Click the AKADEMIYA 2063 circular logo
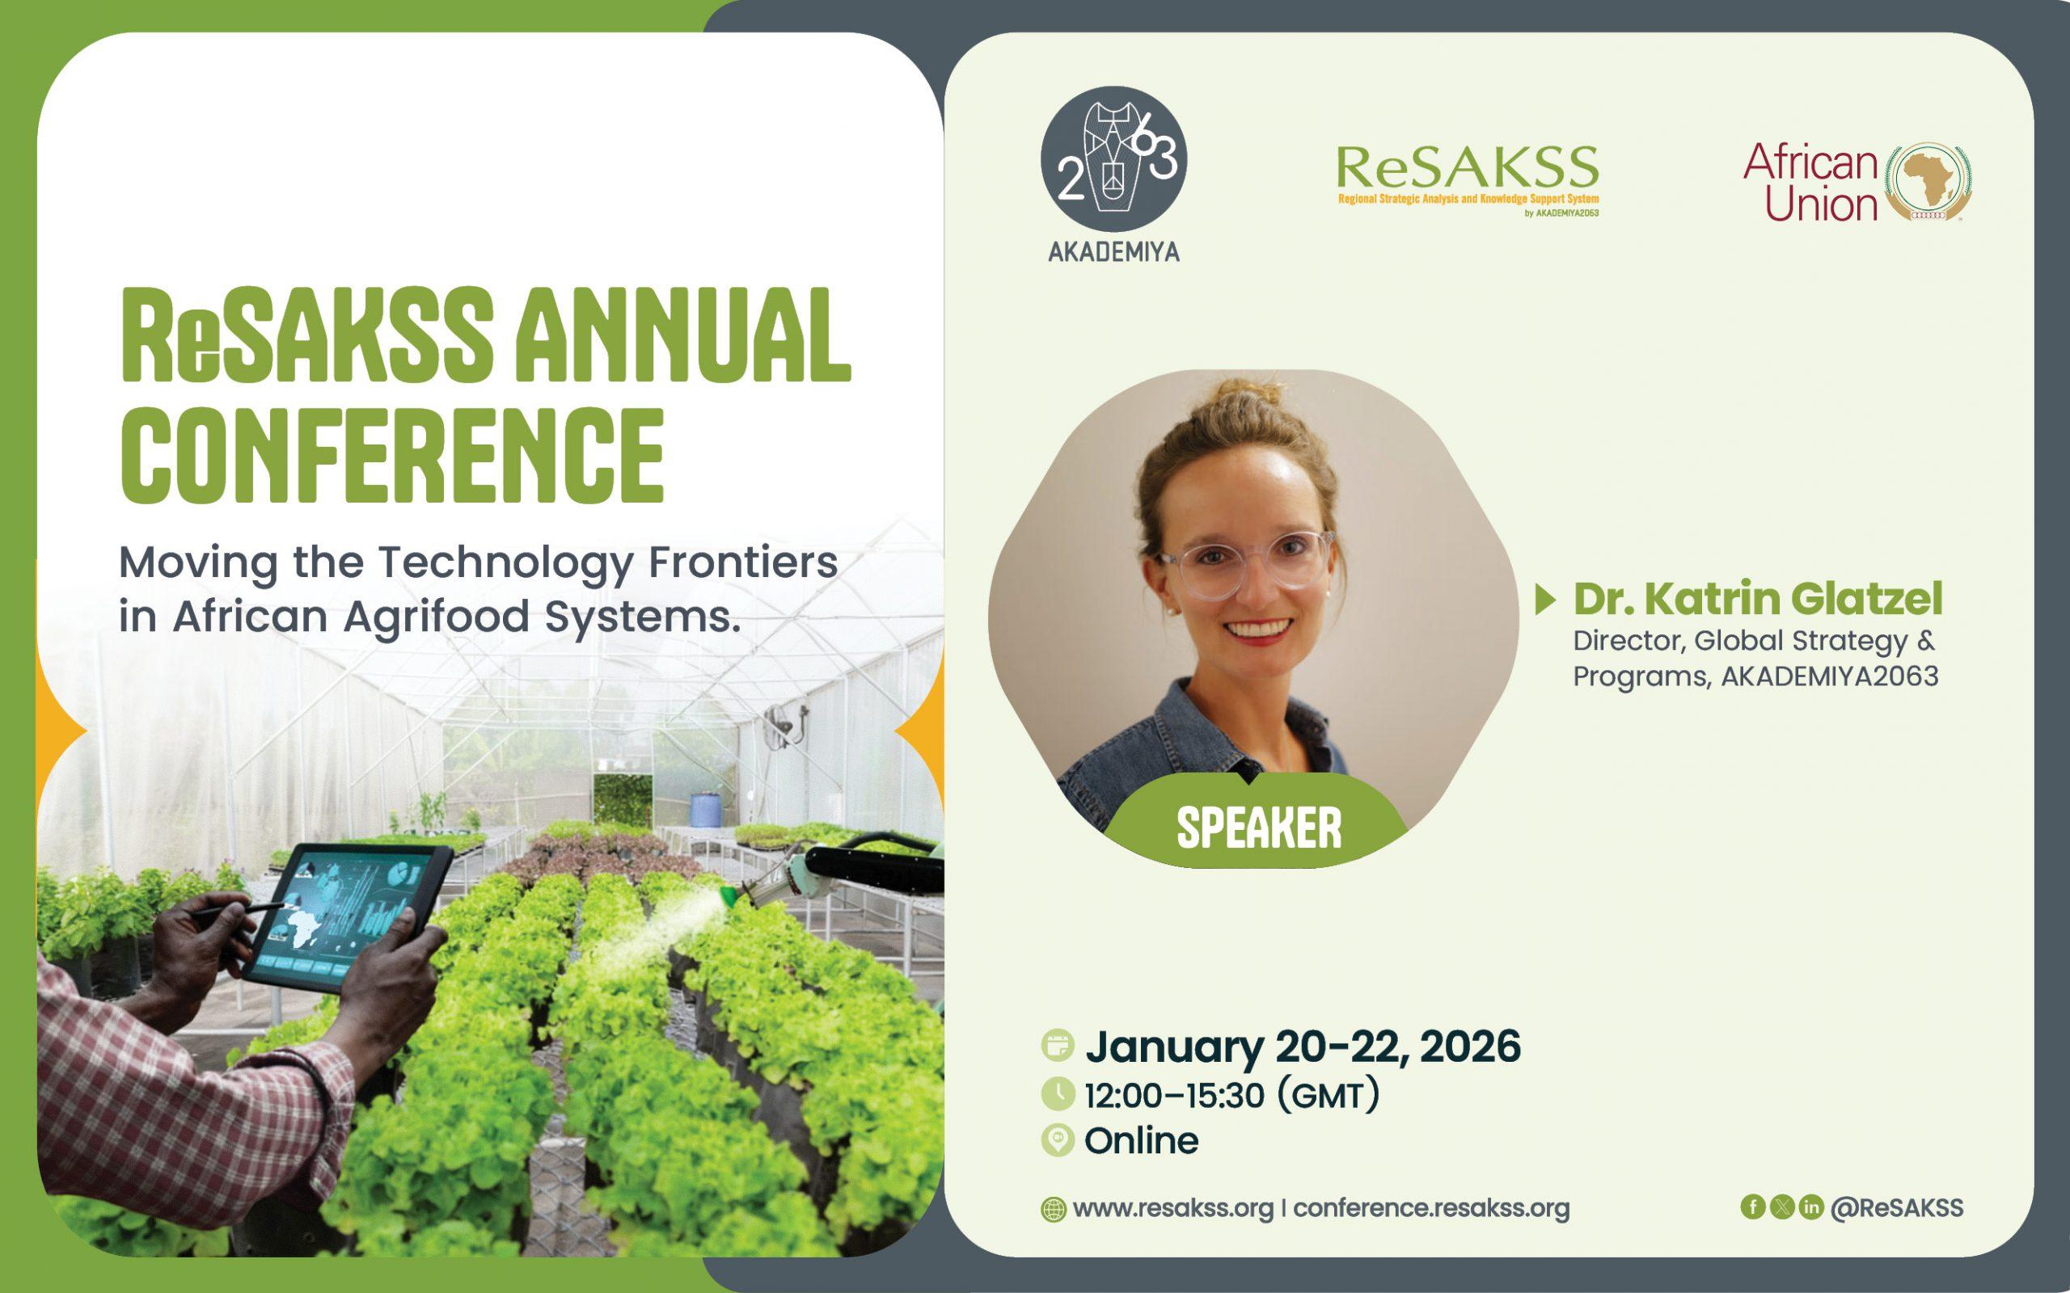tap(1113, 159)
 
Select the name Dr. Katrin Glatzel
tap(1758, 599)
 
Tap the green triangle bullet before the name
tap(1544, 600)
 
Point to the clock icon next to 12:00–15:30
tap(1058, 1094)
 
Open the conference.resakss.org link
tap(1431, 1208)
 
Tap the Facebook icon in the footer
tap(1753, 1207)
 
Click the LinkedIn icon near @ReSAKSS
tap(1810, 1207)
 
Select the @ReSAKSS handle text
tap(1896, 1207)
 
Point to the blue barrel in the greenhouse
tap(704, 808)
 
